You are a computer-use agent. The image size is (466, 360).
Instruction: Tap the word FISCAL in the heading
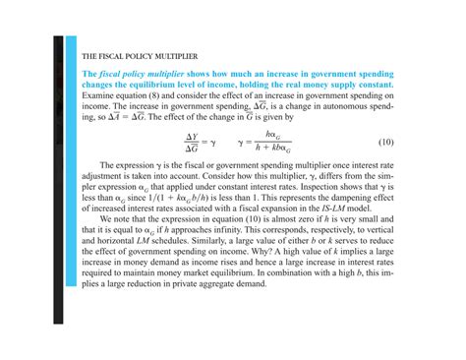pos(113,56)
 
